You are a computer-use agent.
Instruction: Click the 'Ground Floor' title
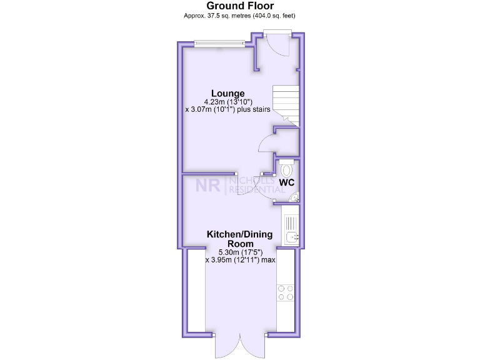click(240, 6)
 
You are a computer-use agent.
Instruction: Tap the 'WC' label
click(287, 182)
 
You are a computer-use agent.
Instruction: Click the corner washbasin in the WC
click(294, 198)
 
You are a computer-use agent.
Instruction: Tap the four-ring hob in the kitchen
click(286, 292)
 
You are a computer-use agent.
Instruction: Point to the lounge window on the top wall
click(218, 44)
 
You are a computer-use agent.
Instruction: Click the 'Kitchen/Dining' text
click(240, 235)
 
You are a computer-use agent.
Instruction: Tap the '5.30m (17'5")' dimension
click(240, 252)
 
